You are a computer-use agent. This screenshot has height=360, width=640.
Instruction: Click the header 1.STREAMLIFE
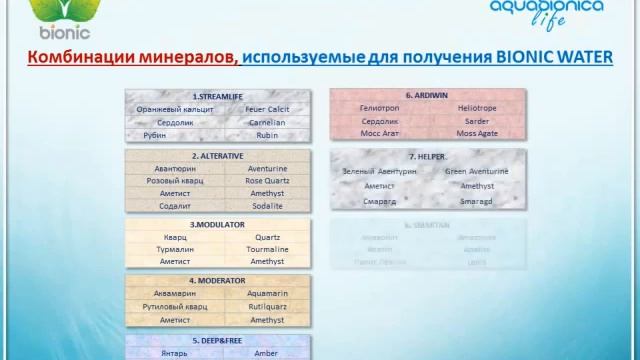[217, 94]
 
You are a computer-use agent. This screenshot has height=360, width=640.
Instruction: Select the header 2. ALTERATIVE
[217, 156]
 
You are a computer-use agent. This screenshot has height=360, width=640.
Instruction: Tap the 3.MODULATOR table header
[217, 225]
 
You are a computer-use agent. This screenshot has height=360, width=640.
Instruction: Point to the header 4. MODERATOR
[217, 281]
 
